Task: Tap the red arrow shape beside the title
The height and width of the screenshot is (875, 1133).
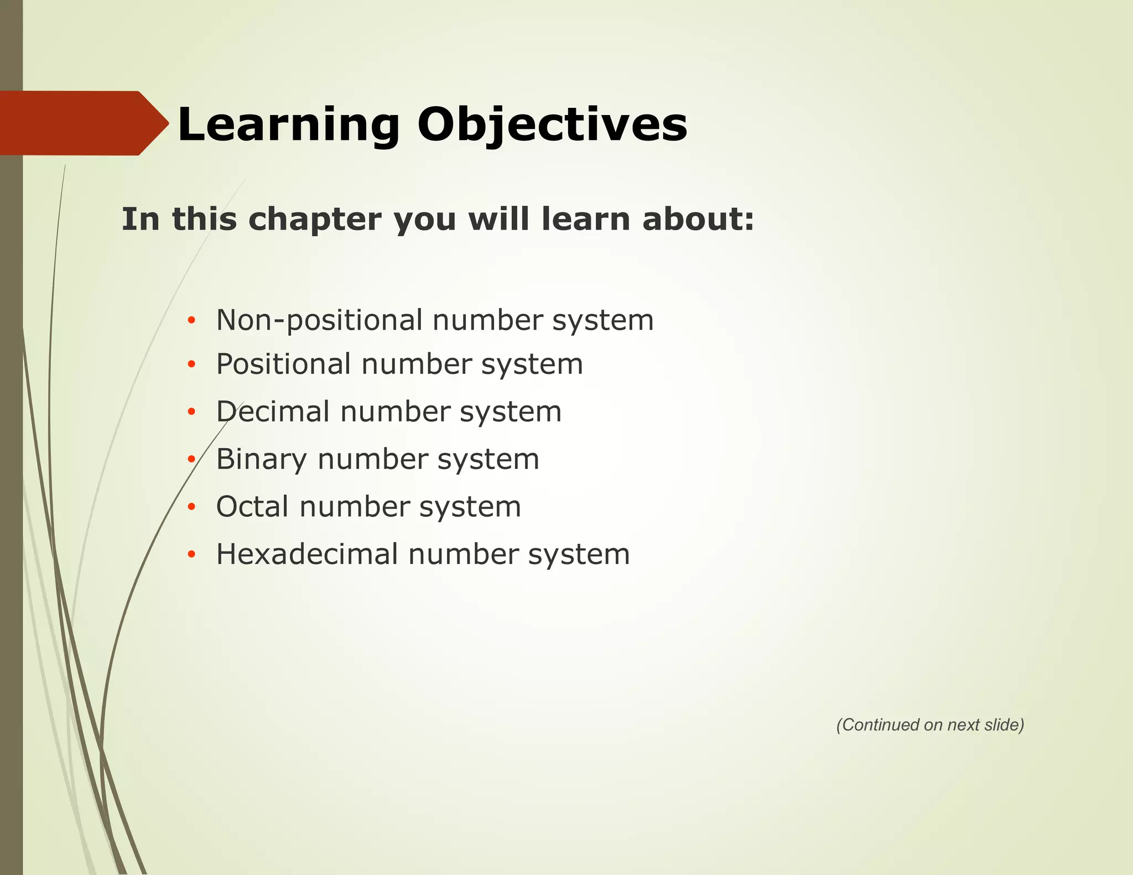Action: pos(83,123)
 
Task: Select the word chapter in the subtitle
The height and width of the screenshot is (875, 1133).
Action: pos(315,219)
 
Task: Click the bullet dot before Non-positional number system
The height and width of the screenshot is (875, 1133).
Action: pos(191,320)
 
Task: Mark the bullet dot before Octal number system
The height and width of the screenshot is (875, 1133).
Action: pos(191,507)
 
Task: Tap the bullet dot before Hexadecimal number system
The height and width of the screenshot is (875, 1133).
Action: pos(191,554)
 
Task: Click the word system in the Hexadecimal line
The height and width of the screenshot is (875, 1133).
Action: pos(579,555)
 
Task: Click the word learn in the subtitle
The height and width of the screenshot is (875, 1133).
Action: pos(586,219)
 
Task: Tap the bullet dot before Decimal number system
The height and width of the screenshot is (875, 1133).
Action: pos(191,412)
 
